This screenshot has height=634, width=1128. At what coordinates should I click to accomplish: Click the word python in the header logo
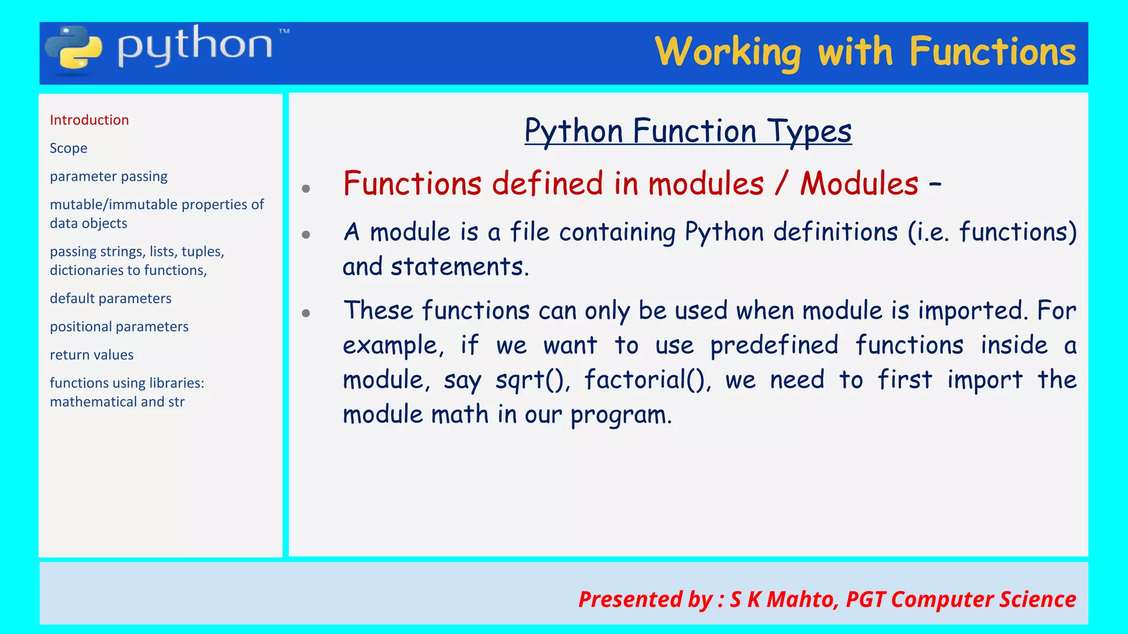click(195, 46)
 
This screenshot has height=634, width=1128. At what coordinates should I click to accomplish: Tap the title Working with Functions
click(865, 52)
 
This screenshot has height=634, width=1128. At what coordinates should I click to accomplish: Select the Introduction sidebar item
click(89, 120)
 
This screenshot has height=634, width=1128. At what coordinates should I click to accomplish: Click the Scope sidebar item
click(68, 148)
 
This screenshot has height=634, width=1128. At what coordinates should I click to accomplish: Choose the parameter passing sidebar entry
click(109, 176)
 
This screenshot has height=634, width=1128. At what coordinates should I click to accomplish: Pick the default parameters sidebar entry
click(110, 298)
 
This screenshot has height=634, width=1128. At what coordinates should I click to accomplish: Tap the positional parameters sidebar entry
click(119, 326)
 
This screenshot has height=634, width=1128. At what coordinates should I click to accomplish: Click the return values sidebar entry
click(91, 355)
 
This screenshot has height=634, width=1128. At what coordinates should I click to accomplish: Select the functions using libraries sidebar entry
click(127, 392)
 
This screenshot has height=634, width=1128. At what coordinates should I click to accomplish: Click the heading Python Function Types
click(688, 131)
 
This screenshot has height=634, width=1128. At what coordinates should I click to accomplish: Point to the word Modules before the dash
click(859, 183)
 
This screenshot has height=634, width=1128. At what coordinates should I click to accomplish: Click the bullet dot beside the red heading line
click(306, 189)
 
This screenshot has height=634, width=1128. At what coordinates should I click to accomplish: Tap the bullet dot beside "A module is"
click(306, 235)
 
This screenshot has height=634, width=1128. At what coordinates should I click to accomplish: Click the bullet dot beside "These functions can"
click(306, 314)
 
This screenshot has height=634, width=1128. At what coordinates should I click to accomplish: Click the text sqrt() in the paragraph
click(532, 380)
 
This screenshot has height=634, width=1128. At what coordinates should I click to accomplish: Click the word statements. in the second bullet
click(460, 267)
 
